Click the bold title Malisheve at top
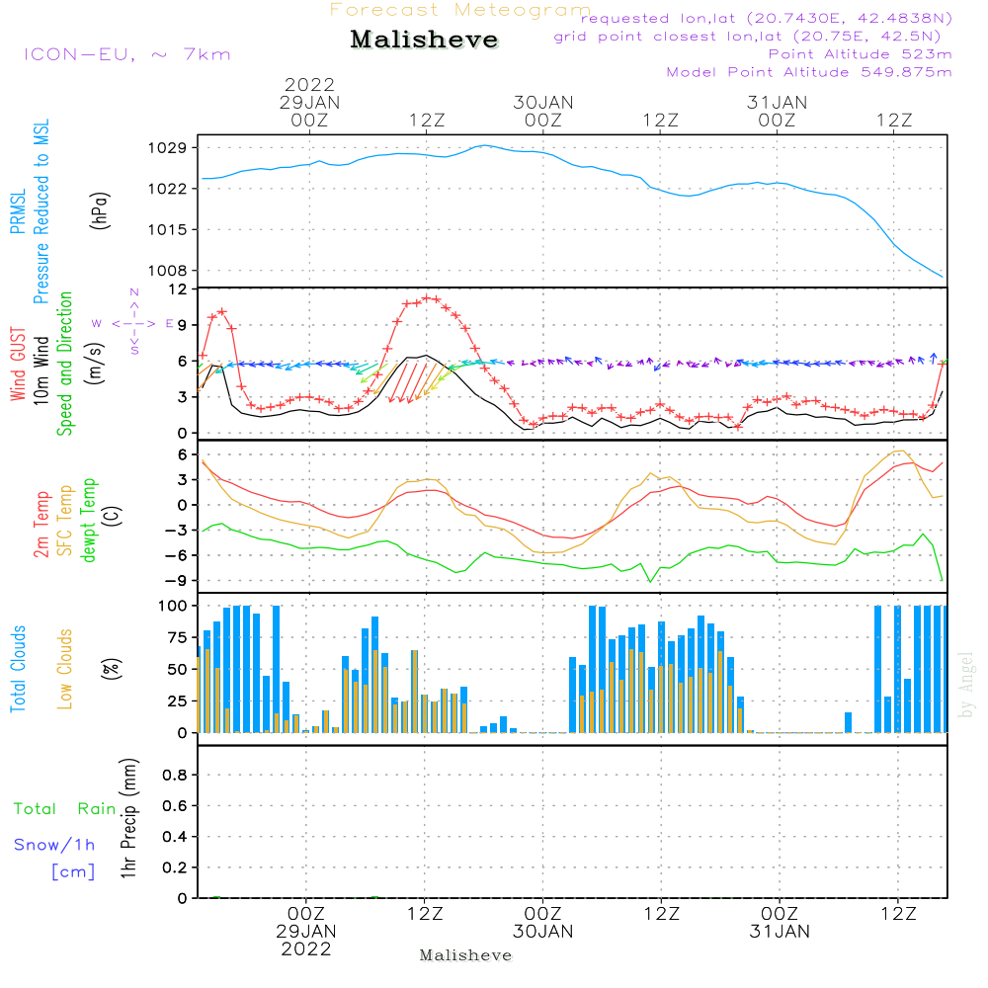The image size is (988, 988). point(425,41)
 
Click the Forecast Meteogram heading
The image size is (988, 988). point(460,10)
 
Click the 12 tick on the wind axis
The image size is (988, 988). point(178,288)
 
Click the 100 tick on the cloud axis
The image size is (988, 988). point(173,605)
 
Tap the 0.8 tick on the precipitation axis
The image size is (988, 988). point(174,776)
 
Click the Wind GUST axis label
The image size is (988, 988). point(18,365)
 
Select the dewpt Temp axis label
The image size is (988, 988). point(89,521)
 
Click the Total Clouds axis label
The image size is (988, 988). point(18,668)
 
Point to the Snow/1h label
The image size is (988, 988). point(55,845)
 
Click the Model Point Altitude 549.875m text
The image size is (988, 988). point(809,72)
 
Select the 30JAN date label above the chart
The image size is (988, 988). point(543,102)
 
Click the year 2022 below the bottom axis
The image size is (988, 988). point(306,948)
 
